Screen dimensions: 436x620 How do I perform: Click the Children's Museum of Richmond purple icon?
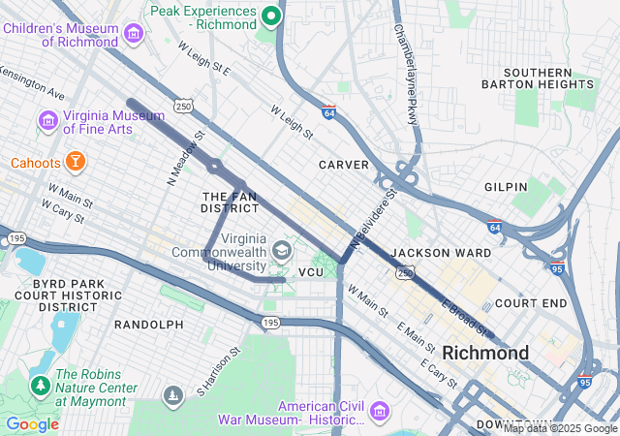[134, 35]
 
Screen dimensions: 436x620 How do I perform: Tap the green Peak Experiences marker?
[272, 16]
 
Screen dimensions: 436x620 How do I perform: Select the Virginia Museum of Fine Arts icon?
[46, 122]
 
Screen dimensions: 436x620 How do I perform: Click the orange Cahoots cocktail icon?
[75, 161]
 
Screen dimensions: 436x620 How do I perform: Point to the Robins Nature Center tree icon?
[41, 385]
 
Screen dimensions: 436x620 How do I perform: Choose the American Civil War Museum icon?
[379, 412]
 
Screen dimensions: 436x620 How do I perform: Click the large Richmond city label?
[485, 353]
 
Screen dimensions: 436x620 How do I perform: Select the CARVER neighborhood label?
[344, 165]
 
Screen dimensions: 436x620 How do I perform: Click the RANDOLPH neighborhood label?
[148, 324]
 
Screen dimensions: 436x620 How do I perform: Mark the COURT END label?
[530, 303]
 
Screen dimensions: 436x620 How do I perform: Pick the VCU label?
[310, 273]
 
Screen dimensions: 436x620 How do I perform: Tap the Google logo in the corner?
[32, 424]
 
